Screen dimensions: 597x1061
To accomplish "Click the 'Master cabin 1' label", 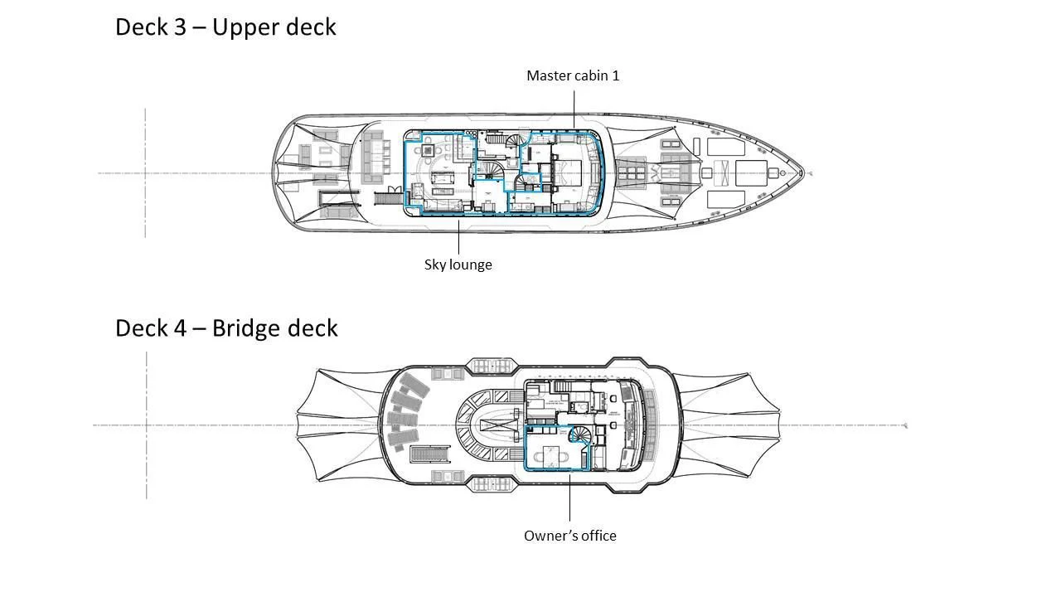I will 573,75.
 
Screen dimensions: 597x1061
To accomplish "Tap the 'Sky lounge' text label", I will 458,265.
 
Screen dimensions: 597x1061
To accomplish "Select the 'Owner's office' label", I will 569,536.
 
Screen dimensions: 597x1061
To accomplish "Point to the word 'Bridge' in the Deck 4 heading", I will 246,328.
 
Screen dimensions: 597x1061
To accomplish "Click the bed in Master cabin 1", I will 569,174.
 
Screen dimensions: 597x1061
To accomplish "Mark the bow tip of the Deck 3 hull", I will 802,173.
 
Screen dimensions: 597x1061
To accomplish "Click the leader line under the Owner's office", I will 569,498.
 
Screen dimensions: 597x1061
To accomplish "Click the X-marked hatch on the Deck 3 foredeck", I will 723,173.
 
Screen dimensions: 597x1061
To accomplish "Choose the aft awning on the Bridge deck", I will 340,425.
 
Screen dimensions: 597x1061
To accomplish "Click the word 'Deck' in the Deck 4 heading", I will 142,328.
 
